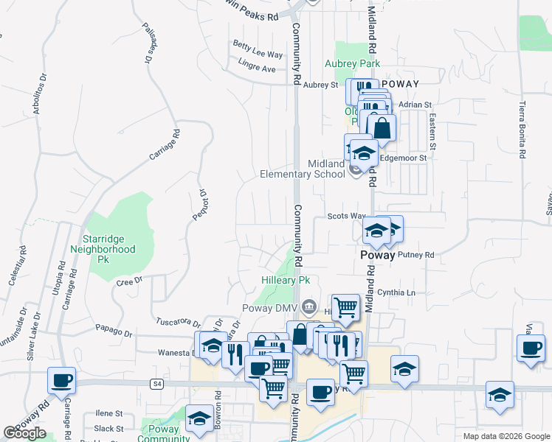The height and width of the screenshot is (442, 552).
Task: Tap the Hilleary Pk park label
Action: click(x=286, y=281)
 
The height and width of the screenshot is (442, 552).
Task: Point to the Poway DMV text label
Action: click(x=269, y=308)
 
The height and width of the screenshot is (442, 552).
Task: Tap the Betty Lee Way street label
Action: click(x=258, y=55)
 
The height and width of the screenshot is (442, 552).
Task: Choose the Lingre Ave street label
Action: click(x=257, y=69)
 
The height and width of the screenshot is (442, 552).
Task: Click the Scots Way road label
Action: click(x=347, y=216)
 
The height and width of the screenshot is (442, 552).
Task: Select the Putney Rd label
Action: click(x=416, y=255)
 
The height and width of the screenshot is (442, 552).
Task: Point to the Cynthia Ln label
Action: click(x=397, y=292)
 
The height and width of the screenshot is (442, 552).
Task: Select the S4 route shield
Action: click(x=156, y=383)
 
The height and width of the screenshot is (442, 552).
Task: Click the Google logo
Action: click(x=24, y=433)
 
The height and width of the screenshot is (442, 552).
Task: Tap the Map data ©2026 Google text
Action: click(x=506, y=436)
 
